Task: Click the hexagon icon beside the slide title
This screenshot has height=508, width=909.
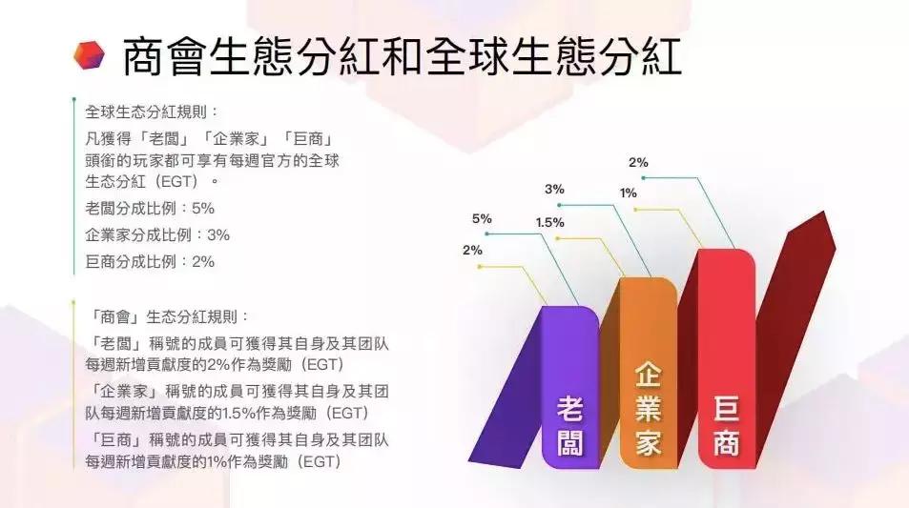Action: coord(89,56)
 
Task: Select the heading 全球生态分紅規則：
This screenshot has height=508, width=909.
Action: coord(152,110)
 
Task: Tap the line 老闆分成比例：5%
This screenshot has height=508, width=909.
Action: coord(150,208)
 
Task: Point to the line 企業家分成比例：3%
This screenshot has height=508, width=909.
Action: coord(157,234)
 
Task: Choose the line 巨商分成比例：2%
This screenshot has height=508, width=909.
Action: coord(150,261)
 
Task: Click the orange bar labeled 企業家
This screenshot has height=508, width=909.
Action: coord(649,372)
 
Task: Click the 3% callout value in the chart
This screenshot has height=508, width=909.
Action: coord(554,190)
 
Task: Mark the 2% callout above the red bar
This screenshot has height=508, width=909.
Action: coord(638,162)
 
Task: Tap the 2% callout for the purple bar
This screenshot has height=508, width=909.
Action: coord(472,251)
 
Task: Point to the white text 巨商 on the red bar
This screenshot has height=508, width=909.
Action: coord(726,428)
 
